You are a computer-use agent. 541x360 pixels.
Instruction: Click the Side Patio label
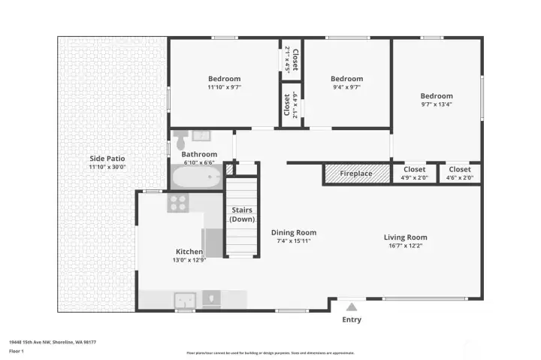107,159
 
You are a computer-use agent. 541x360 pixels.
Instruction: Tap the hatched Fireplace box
356,174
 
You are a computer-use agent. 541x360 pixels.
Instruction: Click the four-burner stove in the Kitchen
177,202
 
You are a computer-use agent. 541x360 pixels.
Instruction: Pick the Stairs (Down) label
241,214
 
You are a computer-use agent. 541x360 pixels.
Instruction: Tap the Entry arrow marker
351,306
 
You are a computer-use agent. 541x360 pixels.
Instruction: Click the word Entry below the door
351,319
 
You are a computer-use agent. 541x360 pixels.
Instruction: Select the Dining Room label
294,232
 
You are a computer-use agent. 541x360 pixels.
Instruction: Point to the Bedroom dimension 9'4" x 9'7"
346,87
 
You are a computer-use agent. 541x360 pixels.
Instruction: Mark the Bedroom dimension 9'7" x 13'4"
437,104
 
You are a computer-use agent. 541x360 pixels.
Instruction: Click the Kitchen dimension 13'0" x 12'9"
189,260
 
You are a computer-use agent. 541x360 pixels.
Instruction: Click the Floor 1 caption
17,351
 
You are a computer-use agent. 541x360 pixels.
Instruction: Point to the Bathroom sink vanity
200,136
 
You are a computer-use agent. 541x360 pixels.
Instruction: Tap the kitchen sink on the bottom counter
184,298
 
